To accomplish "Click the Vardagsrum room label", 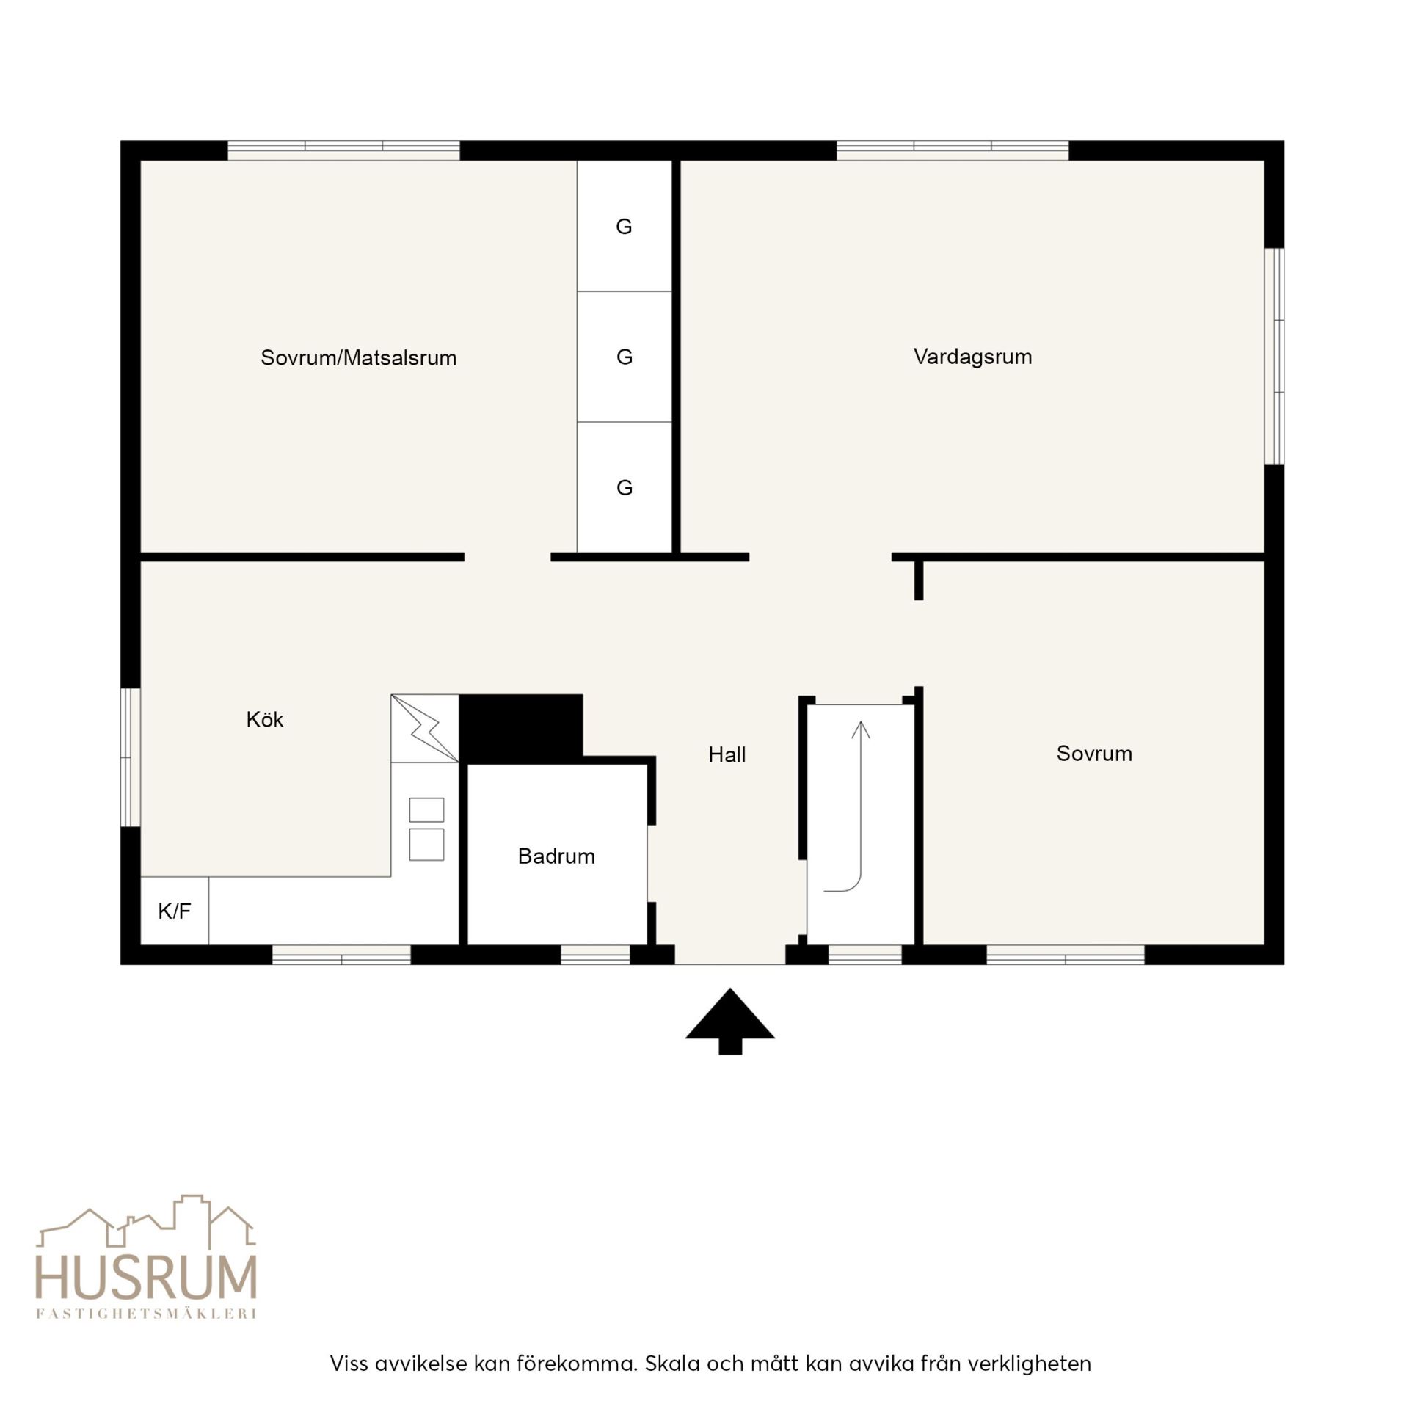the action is [x=972, y=357].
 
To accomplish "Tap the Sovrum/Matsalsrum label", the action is [x=358, y=357].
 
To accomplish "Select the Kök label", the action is [x=264, y=719].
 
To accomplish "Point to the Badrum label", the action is [x=556, y=856].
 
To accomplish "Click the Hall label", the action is [x=727, y=754].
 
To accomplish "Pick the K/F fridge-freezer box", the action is [x=175, y=911].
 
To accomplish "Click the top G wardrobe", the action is [x=625, y=226].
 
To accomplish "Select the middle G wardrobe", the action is [x=625, y=357].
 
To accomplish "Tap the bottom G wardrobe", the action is [x=625, y=487].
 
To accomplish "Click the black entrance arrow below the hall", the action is [x=730, y=1021].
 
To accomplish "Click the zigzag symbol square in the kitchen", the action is [x=425, y=729].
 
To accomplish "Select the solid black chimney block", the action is [x=521, y=729].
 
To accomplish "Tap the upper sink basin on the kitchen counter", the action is [x=426, y=810].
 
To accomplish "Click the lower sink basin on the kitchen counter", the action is [x=426, y=845].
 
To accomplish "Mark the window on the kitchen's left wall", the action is [x=131, y=757].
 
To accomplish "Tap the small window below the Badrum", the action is [x=595, y=955].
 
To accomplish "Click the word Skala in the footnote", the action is [x=673, y=1364].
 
